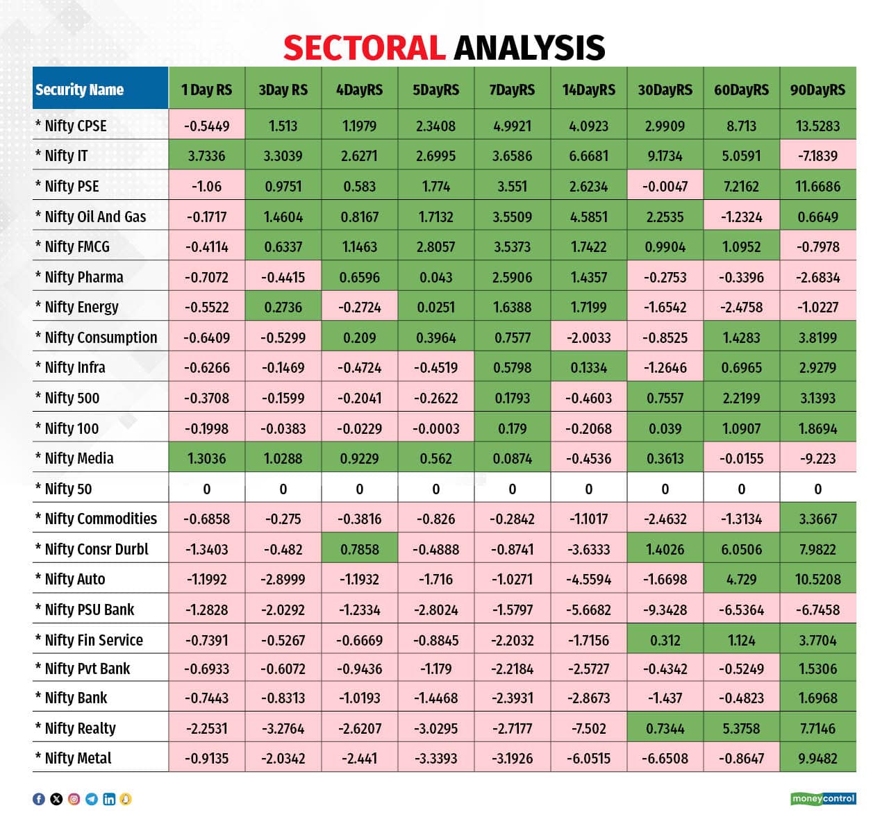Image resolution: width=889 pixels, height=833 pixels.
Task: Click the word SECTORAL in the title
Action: pos(364,48)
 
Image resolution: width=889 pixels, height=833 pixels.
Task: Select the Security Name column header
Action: pos(79,90)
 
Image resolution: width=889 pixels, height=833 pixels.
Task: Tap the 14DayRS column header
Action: pos(588,90)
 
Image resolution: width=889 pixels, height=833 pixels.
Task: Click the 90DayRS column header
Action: pos(817,90)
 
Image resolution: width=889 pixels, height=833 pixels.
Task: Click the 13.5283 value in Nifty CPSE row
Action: pos(817,126)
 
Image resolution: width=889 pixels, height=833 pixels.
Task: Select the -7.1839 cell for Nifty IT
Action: pos(817,155)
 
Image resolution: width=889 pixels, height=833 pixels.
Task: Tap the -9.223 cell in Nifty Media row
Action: pos(817,458)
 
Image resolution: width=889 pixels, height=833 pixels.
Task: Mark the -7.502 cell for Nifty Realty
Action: pos(588,728)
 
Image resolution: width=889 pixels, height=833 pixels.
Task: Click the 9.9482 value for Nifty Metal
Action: pos(817,758)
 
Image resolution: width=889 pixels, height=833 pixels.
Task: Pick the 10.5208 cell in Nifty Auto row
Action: pos(817,579)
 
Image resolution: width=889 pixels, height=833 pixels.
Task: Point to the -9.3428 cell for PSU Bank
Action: pos(665,609)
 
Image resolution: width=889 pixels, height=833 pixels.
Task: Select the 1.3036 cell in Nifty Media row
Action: pos(206,458)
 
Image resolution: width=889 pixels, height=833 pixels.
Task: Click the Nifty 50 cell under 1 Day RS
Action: pos(206,489)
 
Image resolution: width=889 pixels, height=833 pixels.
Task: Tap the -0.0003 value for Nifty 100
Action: pos(435,428)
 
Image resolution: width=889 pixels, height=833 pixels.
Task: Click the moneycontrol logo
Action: pos(823,799)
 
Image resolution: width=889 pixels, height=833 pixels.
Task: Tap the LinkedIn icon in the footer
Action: pos(109,799)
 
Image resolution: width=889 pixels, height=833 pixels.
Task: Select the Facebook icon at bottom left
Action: pos(39,799)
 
